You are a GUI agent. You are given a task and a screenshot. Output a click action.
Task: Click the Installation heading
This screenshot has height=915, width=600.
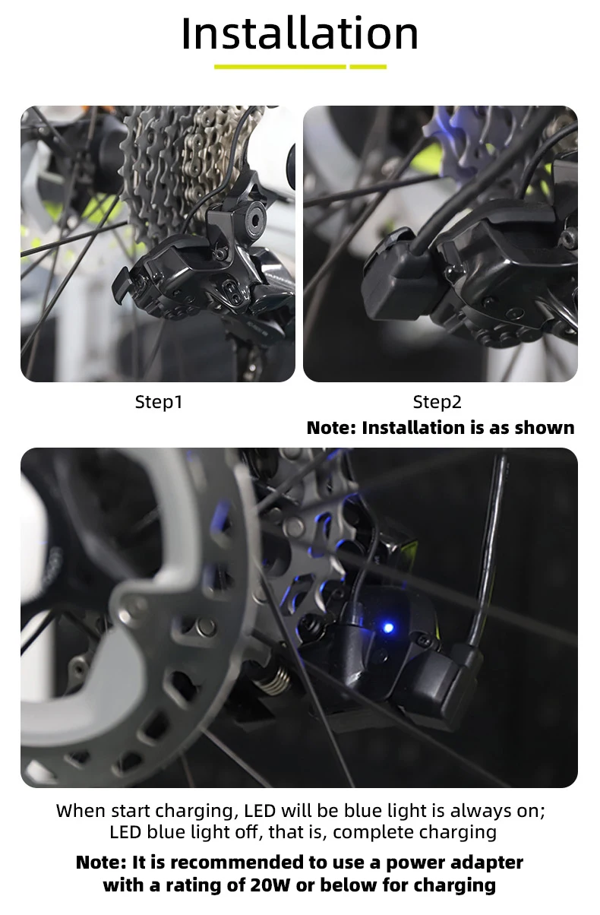300,33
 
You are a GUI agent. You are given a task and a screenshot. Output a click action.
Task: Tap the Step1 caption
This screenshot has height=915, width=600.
159,402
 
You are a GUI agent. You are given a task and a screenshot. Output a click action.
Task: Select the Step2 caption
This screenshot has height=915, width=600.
437,402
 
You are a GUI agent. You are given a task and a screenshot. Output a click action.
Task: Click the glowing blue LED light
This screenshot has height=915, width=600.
389,628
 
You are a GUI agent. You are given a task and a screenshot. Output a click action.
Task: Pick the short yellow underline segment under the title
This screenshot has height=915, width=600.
368,67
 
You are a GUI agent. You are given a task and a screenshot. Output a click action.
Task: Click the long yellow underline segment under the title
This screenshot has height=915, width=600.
280,67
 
